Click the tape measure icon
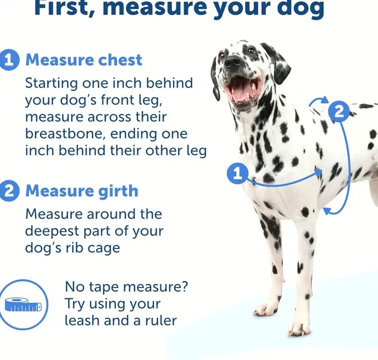[23, 304]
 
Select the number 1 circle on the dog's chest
[238, 173]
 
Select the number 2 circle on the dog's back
[339, 112]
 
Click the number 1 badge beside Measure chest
[9, 60]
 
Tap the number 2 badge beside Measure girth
[9, 191]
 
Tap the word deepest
[52, 231]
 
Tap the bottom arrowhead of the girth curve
[327, 211]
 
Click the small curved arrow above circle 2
[318, 101]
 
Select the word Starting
[51, 83]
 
